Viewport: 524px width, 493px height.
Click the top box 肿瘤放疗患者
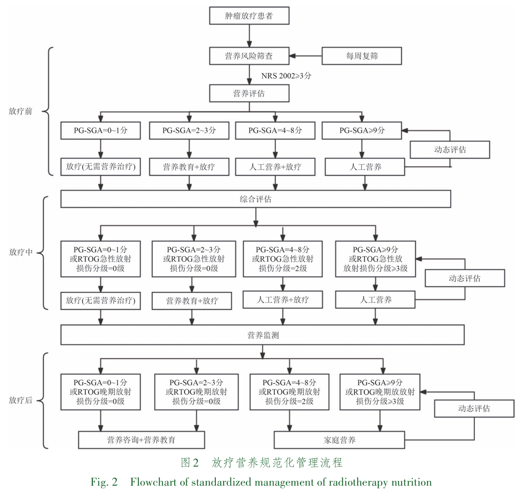(x=249, y=16)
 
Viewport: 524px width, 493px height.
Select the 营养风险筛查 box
(x=249, y=56)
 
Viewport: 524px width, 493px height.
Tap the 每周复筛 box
(x=361, y=56)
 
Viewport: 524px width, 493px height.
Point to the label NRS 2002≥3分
(x=286, y=76)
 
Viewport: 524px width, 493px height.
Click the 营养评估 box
(x=249, y=93)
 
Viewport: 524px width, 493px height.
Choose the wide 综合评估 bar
(x=255, y=199)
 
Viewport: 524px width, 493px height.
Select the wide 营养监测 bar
(x=262, y=335)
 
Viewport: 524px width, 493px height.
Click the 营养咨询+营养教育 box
(x=141, y=440)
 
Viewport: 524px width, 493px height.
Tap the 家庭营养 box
(x=339, y=440)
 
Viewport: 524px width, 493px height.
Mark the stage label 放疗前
(x=20, y=111)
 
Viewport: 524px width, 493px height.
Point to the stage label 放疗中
(x=20, y=252)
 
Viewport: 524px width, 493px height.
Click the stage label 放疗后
(x=20, y=400)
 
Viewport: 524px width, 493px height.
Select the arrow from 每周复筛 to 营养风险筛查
(x=306, y=56)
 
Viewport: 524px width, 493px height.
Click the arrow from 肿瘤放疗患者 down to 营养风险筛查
(x=249, y=36)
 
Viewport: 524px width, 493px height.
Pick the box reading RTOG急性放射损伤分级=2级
(x=283, y=259)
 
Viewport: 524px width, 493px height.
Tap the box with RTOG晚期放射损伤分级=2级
(x=290, y=392)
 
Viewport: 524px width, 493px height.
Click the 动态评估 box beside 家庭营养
(x=474, y=409)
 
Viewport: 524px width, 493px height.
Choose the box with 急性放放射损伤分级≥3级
(x=375, y=259)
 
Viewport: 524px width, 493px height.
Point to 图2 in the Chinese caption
(x=189, y=463)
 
